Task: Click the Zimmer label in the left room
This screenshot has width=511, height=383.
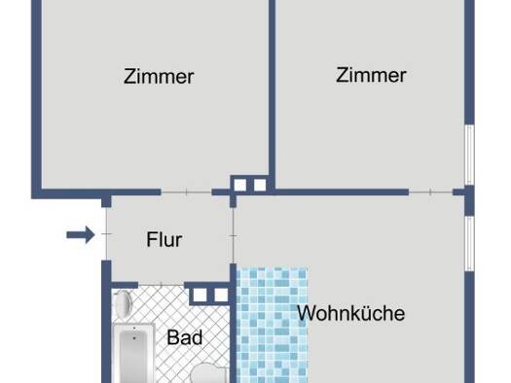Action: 159,77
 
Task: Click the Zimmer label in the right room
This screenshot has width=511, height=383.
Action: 371,75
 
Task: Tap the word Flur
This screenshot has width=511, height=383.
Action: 164,240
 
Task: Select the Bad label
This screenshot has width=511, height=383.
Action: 185,337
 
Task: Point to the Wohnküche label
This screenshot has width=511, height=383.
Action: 351,313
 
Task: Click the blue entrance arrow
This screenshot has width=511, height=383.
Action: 81,234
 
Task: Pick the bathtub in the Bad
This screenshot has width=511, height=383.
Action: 134,353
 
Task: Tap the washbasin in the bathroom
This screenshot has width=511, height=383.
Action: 123,304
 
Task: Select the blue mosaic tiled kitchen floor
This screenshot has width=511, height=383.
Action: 273,326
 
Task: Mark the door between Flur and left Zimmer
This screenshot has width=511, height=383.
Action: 187,192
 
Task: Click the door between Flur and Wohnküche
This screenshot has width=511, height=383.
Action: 234,235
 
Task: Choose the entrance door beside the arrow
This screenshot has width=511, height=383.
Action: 106,233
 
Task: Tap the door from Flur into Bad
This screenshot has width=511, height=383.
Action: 162,285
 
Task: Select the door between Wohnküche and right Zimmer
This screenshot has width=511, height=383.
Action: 431,192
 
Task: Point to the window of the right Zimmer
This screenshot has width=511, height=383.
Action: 469,155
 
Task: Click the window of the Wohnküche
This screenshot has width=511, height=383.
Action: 469,244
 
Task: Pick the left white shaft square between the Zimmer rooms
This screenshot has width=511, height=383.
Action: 240,185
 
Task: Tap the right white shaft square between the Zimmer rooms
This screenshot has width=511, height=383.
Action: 260,185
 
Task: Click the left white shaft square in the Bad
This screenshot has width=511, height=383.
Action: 201,296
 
